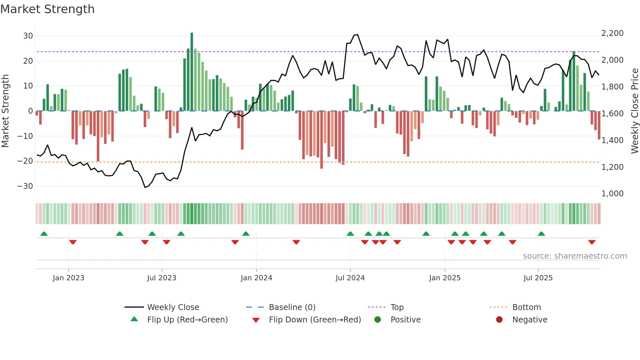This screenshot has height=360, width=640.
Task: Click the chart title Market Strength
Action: (x=47, y=9)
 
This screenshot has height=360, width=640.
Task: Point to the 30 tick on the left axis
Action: (x=28, y=36)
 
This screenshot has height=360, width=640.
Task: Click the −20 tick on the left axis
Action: (x=25, y=161)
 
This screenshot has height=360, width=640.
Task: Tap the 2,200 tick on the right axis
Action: (x=612, y=33)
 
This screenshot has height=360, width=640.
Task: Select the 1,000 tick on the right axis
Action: (x=612, y=194)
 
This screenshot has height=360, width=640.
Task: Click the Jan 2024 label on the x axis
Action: (x=256, y=278)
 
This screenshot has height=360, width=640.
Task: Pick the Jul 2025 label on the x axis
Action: (x=538, y=278)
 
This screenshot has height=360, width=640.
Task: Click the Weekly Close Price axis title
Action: (x=634, y=111)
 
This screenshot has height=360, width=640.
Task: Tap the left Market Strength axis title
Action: (x=5, y=111)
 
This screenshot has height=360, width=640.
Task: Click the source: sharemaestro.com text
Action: (x=575, y=256)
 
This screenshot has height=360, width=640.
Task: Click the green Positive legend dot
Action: (x=378, y=320)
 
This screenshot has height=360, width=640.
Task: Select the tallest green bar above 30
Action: (x=192, y=72)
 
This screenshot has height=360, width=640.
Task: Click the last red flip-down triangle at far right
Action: (x=592, y=242)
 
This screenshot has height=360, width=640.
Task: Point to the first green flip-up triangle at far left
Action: (x=44, y=234)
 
